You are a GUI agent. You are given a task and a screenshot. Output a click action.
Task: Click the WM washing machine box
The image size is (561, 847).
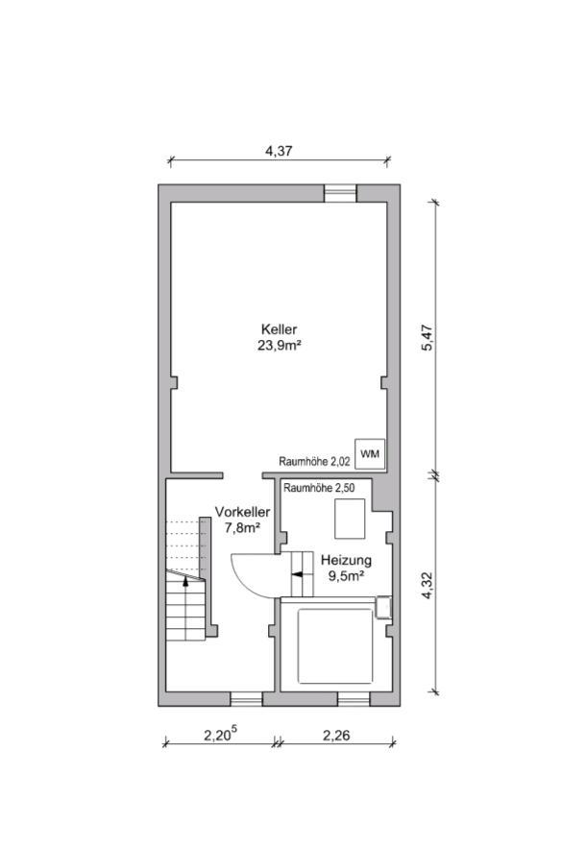pos(370,453)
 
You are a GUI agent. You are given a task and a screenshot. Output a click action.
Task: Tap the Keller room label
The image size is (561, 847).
pos(279,329)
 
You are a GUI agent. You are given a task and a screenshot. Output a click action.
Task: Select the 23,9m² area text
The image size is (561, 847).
pos(279,346)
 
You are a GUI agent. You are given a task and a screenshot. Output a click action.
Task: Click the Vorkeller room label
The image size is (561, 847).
pos(242,512)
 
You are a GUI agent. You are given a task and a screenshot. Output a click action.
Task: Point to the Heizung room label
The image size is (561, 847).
pos(346,560)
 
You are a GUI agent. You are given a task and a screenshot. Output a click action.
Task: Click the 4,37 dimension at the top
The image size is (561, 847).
pos(279,152)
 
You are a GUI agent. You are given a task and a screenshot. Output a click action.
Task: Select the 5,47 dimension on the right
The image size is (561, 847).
pos(427,339)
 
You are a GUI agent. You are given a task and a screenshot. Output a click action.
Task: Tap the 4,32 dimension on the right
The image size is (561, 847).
pos(427,585)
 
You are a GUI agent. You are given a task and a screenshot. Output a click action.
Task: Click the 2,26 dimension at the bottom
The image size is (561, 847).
pos(336,736)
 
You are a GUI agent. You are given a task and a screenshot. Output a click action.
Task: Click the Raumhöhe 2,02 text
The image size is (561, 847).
pos(314,462)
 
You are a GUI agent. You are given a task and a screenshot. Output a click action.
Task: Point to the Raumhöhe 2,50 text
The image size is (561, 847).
pos(319,488)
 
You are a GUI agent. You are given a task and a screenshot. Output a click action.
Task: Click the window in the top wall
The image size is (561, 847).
pos(340,193)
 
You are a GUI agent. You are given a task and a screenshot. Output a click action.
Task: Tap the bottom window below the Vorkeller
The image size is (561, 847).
pos(247,699)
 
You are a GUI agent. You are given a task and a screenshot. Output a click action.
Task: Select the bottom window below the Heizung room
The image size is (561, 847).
pos(354,699)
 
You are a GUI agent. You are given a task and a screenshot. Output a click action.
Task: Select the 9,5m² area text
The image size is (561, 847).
pos(346,576)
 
